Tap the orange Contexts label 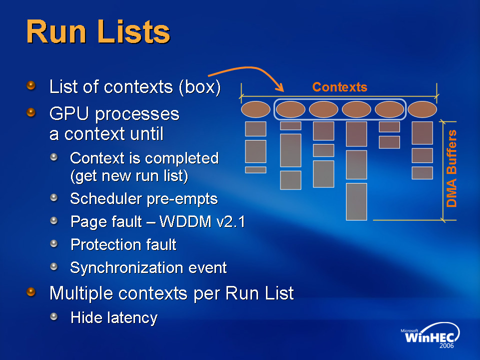[x=339, y=87]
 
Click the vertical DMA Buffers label [x=452, y=168]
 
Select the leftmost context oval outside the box [x=255, y=109]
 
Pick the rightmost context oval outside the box [x=422, y=109]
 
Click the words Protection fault [x=123, y=244]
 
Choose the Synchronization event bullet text [x=148, y=267]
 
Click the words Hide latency [x=114, y=317]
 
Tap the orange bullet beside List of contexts [x=31, y=86]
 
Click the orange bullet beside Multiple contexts [x=31, y=292]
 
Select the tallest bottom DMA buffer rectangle [x=356, y=201]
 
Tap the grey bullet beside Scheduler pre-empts [x=54, y=198]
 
